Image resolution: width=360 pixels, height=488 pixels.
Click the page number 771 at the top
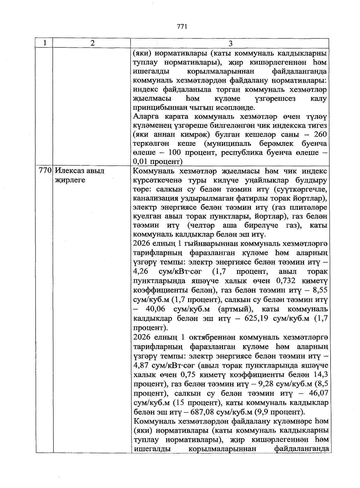click(182, 26)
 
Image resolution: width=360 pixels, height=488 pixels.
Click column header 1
click(44, 43)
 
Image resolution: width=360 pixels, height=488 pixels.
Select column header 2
click(92, 43)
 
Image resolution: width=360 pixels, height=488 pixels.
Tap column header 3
click(230, 44)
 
